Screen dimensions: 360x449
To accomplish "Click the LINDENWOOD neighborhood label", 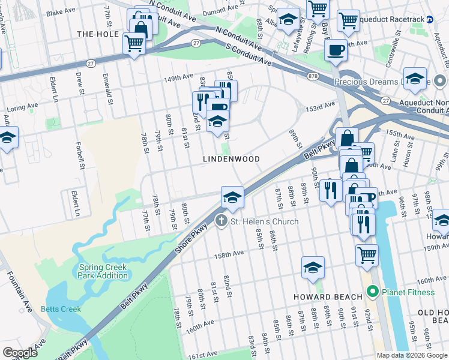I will click(231, 159).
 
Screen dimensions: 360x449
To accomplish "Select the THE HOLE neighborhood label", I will click(98, 34).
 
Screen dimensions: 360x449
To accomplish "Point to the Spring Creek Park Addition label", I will click(103, 271).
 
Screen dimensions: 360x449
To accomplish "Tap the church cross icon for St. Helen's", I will click(221, 221).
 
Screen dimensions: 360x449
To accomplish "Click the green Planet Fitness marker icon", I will click(372, 292).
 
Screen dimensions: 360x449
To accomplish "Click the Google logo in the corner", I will click(19, 353).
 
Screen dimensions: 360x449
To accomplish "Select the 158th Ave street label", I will click(230, 254).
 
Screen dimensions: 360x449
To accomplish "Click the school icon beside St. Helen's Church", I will click(232, 196).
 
